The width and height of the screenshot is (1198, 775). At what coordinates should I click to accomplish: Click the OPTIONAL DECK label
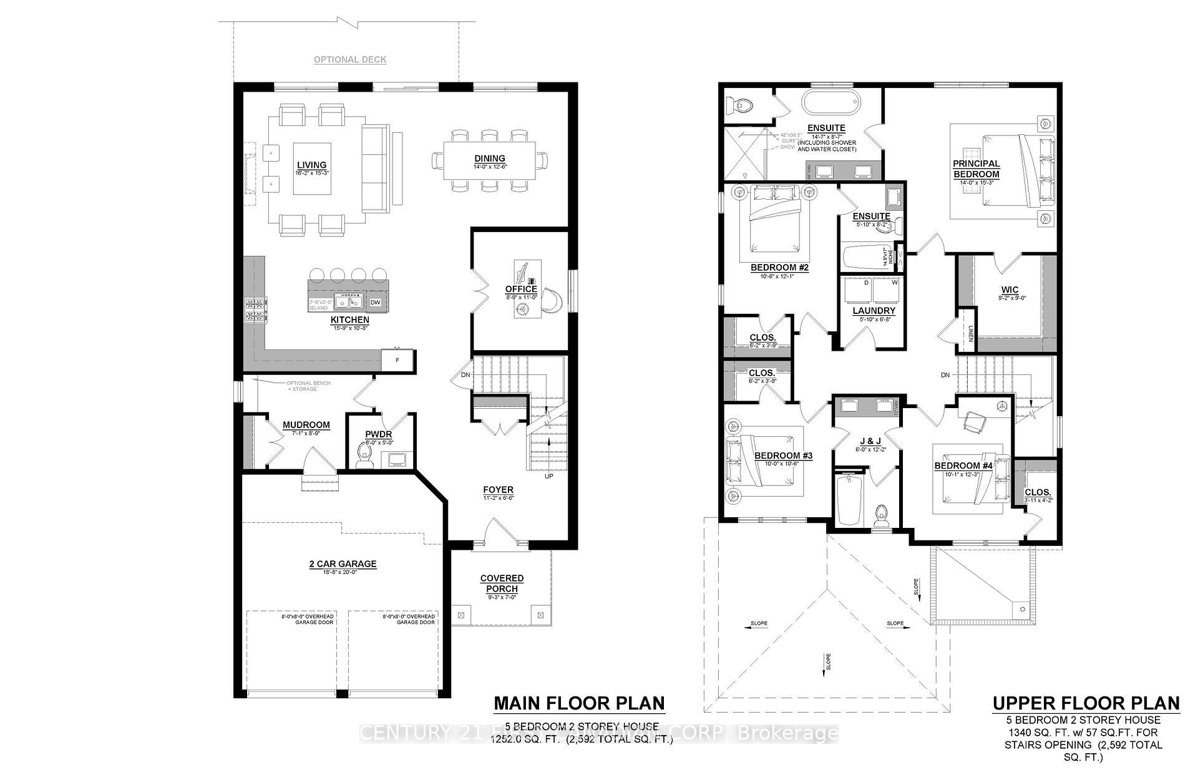pos(349,60)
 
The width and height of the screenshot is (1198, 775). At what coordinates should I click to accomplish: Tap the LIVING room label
pos(311,165)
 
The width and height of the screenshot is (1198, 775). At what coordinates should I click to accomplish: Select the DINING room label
pos(489,158)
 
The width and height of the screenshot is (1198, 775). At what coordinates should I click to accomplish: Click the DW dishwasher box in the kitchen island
pos(375,303)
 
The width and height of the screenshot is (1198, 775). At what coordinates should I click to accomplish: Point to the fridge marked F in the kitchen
pos(398,361)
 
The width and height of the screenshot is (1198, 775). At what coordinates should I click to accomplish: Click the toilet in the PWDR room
pos(363,455)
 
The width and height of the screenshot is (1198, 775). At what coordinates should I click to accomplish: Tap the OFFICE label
pos(521,289)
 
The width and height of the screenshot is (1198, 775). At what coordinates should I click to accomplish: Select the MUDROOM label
pos(306,425)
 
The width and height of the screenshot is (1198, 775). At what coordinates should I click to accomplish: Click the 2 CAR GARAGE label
pos(343,564)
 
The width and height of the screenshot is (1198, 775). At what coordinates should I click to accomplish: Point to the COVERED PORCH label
pos(502,583)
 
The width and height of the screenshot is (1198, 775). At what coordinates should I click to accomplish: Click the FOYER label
pos(498,490)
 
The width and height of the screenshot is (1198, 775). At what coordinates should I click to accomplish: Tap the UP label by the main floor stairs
pos(549,476)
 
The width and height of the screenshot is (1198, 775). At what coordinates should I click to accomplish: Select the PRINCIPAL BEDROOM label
pos(976,169)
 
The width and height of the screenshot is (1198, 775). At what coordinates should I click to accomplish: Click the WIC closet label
pos(1010,290)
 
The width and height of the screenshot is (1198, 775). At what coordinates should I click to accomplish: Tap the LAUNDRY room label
pos(874,310)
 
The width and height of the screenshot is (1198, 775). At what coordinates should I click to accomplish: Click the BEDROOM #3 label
pos(783,456)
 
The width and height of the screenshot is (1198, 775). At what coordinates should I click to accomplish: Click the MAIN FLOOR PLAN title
pos(579,703)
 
